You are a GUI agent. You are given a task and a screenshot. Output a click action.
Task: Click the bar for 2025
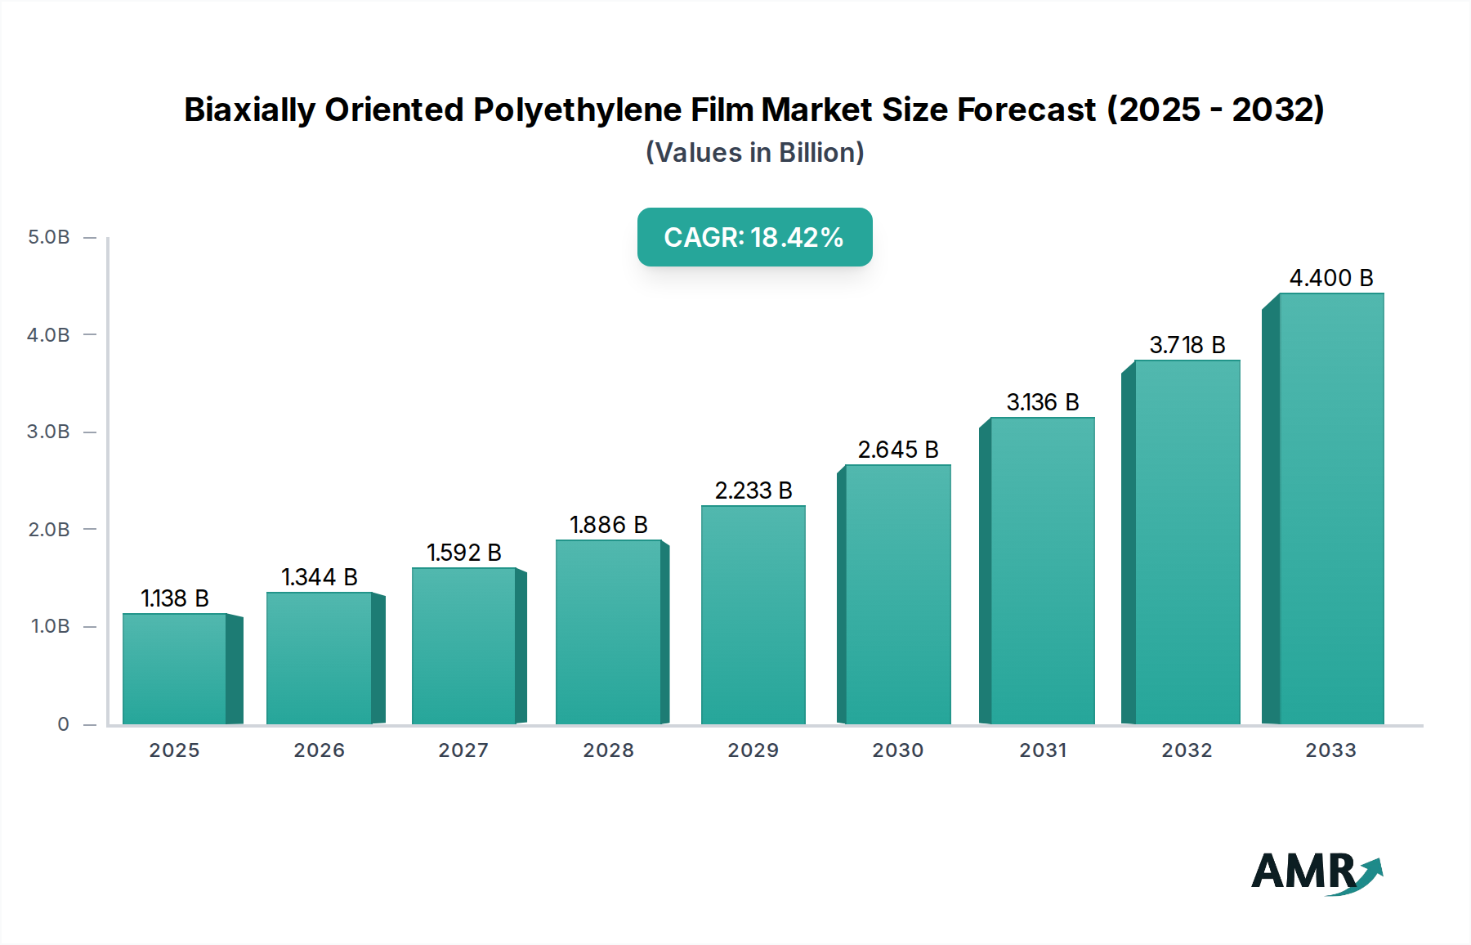click(174, 669)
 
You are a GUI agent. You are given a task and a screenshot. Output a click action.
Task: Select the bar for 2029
click(753, 615)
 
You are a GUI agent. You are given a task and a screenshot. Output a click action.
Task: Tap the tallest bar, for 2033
click(1330, 508)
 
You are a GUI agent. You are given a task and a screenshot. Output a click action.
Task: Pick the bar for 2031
click(1042, 571)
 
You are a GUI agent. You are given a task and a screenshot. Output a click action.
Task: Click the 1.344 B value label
click(320, 577)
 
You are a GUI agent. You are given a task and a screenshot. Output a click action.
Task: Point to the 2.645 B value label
click(898, 450)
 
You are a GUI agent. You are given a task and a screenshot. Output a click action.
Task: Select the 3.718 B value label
click(1187, 345)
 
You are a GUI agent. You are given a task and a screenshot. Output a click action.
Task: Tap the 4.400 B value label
click(1331, 278)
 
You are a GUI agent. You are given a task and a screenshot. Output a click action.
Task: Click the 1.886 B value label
click(609, 525)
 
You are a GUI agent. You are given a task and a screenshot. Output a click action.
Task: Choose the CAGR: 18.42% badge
click(754, 237)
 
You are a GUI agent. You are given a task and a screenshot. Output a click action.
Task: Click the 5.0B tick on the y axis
click(49, 237)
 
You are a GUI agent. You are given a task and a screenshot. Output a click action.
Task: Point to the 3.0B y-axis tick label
click(49, 432)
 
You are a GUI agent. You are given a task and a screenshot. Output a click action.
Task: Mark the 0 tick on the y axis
click(63, 724)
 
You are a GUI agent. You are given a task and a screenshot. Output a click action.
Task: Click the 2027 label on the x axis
click(463, 750)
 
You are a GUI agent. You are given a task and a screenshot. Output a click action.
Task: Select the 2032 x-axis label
click(1187, 750)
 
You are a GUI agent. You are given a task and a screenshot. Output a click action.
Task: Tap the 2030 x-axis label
click(897, 750)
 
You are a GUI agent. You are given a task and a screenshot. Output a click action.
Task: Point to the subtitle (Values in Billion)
click(754, 153)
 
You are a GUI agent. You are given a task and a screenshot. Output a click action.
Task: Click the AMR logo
click(1316, 872)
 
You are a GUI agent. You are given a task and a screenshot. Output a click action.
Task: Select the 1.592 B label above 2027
click(464, 553)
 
